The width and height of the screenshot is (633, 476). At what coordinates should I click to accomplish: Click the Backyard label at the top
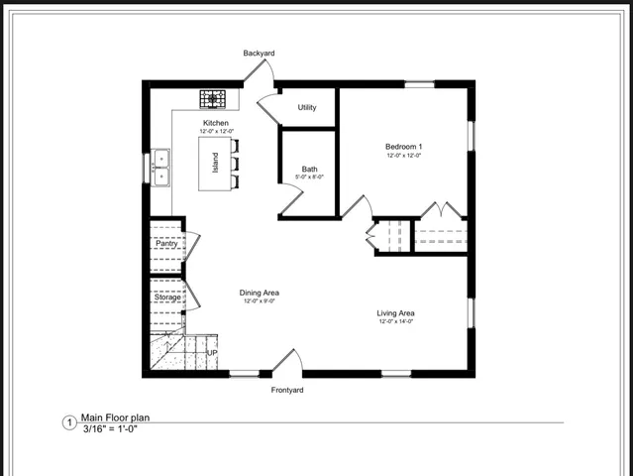point(259,53)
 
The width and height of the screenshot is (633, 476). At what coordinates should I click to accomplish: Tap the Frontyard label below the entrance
point(287,390)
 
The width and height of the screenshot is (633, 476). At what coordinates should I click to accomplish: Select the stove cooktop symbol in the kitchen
point(213,98)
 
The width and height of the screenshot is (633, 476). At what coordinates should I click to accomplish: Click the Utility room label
point(307,107)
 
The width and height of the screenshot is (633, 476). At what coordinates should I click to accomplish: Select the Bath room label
point(310,169)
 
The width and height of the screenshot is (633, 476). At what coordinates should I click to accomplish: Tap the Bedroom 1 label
point(403,147)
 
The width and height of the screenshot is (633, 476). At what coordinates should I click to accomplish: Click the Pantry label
point(166,243)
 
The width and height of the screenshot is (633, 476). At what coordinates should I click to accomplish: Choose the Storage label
point(167,297)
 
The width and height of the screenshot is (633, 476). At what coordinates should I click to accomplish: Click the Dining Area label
point(260,293)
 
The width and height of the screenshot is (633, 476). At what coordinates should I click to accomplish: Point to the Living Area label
point(395,313)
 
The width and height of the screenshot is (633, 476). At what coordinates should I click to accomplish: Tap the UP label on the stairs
point(212,353)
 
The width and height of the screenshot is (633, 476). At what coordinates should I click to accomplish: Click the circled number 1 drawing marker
point(69,423)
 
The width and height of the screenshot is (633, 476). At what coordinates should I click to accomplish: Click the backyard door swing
point(260,71)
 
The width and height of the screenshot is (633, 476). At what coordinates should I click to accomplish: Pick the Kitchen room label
point(216,123)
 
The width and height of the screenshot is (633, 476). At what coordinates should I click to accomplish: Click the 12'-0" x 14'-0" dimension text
point(395,322)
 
